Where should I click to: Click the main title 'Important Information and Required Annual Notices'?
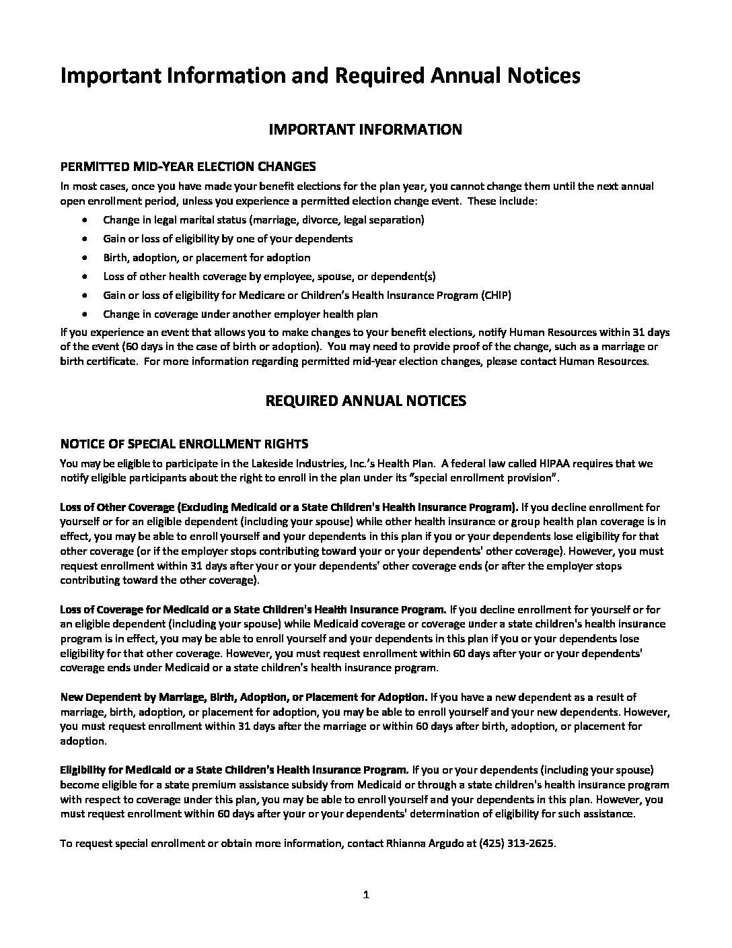320,76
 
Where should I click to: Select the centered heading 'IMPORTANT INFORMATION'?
365,129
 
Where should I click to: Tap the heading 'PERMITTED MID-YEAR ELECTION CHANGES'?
188,166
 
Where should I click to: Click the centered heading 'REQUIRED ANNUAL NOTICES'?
366,401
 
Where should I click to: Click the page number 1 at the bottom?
366,895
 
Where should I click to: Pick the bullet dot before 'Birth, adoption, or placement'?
84,257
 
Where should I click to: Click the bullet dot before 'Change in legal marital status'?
84,219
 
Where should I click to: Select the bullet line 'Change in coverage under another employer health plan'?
240,314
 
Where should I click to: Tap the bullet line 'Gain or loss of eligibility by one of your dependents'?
227,238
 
